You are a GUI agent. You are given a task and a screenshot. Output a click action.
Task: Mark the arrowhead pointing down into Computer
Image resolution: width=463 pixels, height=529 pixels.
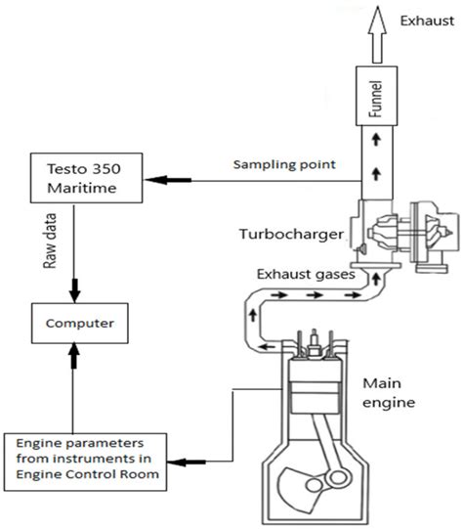(x=74, y=291)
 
